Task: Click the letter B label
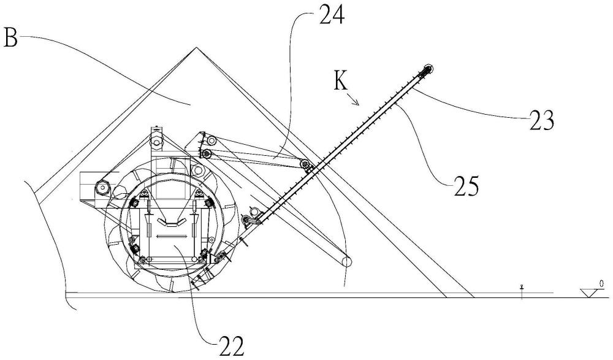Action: (10, 39)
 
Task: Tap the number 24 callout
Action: (332, 15)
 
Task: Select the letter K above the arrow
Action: (340, 81)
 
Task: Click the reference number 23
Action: (542, 121)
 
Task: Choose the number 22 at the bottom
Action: (231, 345)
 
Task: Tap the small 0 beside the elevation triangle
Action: (601, 283)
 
